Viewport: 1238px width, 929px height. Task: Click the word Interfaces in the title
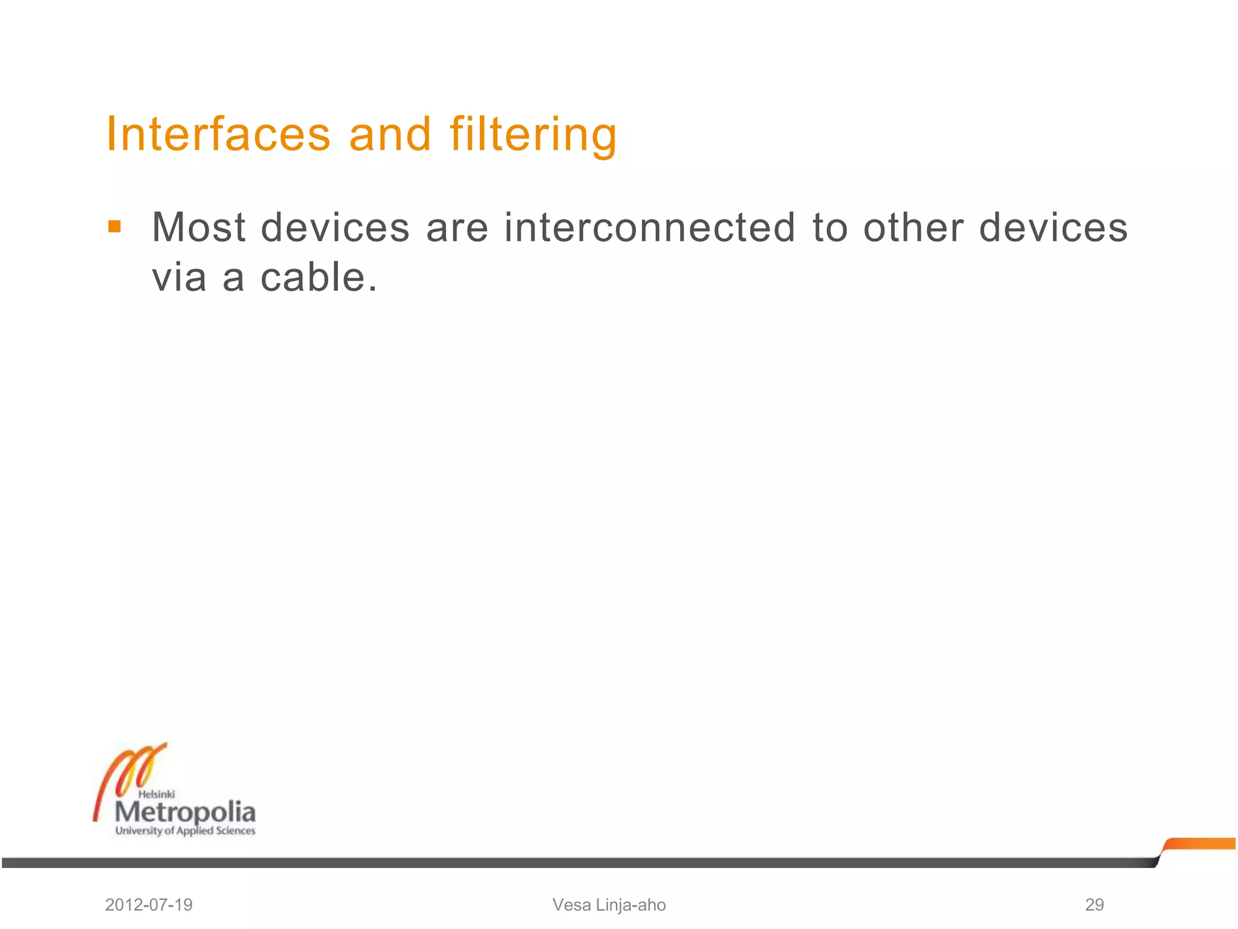218,134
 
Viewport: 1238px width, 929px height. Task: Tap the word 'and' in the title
390,134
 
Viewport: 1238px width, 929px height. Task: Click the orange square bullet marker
114,227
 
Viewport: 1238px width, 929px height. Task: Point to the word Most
199,228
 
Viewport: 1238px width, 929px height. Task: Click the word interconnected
649,228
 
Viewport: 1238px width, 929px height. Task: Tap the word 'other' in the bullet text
913,228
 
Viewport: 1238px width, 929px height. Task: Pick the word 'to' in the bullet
829,228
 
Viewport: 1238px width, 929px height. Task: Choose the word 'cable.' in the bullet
319,278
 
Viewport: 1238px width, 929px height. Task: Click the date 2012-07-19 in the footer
149,905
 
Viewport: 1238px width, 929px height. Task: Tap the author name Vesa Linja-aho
609,905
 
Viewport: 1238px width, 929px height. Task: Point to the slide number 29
1094,905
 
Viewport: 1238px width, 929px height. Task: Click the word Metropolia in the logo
185,811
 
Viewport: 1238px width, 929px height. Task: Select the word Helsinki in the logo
157,794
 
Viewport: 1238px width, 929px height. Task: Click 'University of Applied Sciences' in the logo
185,831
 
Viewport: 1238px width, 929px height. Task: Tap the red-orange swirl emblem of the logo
130,774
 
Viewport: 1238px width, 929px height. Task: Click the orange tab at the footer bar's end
1200,844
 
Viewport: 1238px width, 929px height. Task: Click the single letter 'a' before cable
233,279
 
